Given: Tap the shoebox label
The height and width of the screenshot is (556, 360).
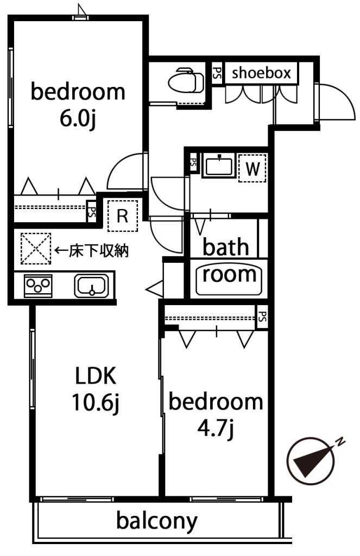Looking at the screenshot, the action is (261, 73).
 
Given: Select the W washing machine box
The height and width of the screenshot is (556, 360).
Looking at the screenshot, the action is (252, 168).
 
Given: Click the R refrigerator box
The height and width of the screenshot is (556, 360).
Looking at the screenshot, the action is (122, 216).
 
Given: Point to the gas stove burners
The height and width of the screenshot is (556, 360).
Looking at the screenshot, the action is (38, 286).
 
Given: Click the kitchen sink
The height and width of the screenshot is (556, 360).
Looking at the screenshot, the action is (91, 286).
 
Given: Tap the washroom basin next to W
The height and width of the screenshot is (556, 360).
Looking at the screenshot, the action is (219, 165).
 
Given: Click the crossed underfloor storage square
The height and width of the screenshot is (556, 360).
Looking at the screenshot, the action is (36, 248).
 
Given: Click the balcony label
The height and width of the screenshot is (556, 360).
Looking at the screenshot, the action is (157, 521).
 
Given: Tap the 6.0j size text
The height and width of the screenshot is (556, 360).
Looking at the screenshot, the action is (78, 119).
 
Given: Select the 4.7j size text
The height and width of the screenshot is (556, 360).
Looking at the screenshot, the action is (216, 429).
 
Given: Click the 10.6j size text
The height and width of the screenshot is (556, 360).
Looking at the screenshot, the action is (96, 403).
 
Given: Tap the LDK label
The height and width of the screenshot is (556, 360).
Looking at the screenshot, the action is (96, 376).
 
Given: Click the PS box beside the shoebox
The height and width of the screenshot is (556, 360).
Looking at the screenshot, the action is (217, 73).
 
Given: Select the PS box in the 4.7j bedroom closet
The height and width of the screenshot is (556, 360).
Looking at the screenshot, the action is (262, 317).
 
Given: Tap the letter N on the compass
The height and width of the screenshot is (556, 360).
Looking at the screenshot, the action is (340, 441).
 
